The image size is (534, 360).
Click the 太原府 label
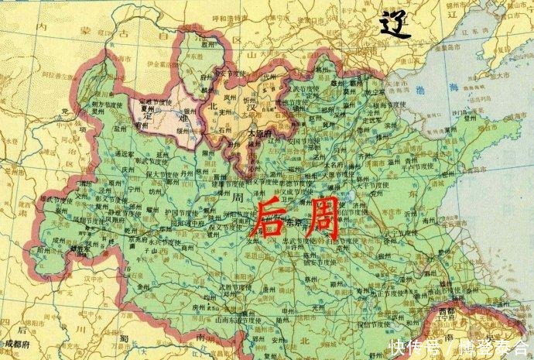259,132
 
